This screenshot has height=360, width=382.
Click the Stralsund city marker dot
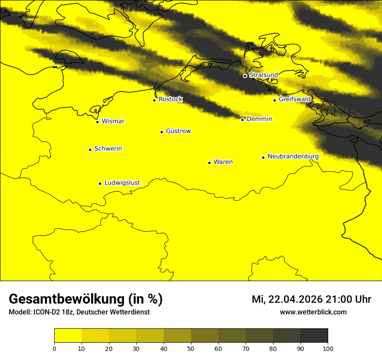(245, 76)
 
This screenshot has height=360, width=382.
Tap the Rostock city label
(171, 99)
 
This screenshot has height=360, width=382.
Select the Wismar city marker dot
(98, 122)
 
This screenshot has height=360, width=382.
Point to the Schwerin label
(108, 149)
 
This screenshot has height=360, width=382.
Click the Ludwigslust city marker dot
(100, 183)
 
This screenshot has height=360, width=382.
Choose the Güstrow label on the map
(178, 131)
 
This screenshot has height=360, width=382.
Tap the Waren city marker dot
(209, 163)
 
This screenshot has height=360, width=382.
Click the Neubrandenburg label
(293, 157)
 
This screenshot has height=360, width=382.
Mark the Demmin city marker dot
(242, 120)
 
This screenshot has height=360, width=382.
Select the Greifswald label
(295, 99)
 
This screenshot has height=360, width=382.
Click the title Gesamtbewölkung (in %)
(86, 299)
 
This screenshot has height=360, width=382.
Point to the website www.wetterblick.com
(313, 312)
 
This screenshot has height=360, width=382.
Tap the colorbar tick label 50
(191, 348)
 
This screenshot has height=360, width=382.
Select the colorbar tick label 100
(328, 348)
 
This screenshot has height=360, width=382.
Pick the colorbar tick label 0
(54, 348)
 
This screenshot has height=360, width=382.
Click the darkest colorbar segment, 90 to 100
(314, 336)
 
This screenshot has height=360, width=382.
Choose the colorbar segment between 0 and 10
(68, 336)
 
